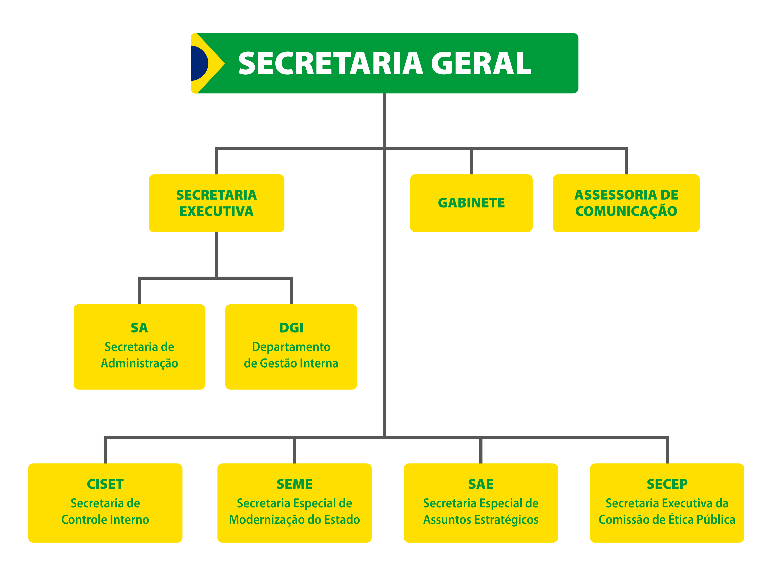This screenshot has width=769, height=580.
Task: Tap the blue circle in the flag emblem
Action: coord(198,63)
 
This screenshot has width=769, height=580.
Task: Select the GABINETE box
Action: coord(471,203)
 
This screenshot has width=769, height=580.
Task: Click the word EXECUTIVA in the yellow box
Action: coord(216,211)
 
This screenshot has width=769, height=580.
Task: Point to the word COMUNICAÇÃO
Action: coord(626,211)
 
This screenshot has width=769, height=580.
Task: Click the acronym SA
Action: coord(140,328)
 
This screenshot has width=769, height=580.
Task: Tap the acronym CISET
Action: coord(105,484)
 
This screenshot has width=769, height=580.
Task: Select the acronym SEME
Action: coord(295,484)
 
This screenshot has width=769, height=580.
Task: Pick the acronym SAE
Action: coord(481,484)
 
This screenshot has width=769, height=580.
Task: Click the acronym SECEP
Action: coord(667,484)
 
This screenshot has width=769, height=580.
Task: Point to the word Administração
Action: coord(140,363)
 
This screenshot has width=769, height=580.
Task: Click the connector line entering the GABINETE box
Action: coord(471,162)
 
